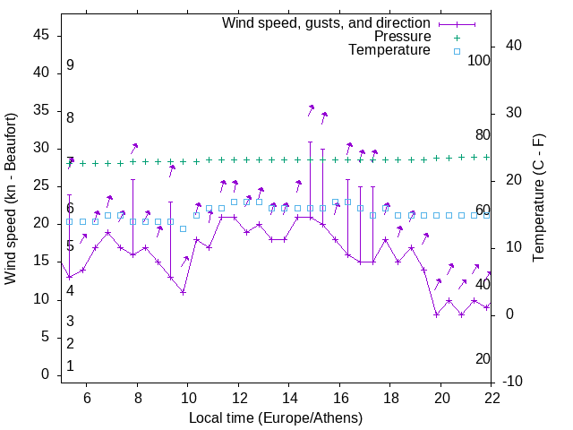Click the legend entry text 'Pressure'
pyautogui.click(x=403, y=37)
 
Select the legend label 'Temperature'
pyautogui.click(x=389, y=50)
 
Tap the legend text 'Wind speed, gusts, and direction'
pyautogui.click(x=327, y=22)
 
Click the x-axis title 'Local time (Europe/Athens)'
pyautogui.click(x=276, y=418)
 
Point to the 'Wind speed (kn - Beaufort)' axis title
pyautogui.click(x=11, y=199)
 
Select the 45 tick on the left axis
pyautogui.click(x=41, y=34)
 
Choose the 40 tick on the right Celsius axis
pyautogui.click(x=514, y=46)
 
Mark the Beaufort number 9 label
pyautogui.click(x=70, y=65)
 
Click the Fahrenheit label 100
pyautogui.click(x=480, y=60)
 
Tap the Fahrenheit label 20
pyautogui.click(x=483, y=358)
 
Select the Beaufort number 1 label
pyautogui.click(x=70, y=366)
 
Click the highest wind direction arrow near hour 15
pyautogui.click(x=311, y=108)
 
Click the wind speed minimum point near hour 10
pyautogui.click(x=183, y=292)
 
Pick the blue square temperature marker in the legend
pyautogui.click(x=457, y=51)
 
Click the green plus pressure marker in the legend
pyautogui.click(x=457, y=38)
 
